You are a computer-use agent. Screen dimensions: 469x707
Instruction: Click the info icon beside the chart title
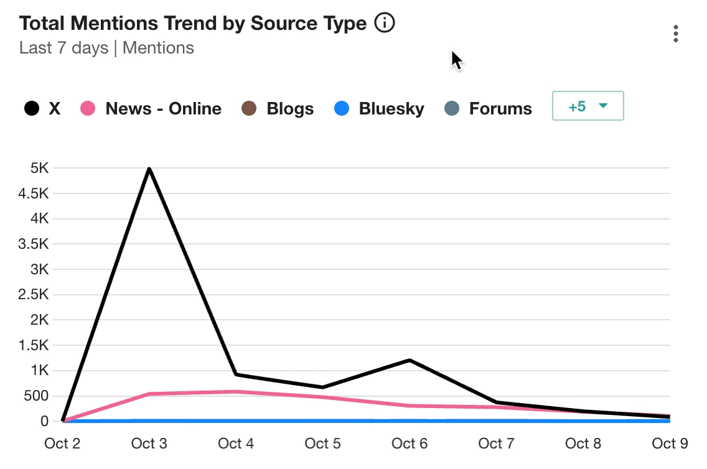pos(385,24)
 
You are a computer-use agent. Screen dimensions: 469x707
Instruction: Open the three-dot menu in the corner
pos(676,34)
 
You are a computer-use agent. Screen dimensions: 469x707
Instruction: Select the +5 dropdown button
pos(588,106)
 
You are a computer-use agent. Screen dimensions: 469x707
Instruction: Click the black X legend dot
pos(32,109)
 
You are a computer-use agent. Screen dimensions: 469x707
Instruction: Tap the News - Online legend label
pos(163,109)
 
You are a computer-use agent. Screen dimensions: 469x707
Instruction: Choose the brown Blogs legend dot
pos(249,109)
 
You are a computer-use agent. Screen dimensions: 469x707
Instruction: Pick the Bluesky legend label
pos(391,109)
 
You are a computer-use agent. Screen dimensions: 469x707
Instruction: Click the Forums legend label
pos(500,109)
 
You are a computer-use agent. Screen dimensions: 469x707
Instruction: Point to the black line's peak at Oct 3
pos(150,169)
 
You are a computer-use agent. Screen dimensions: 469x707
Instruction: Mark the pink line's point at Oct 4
pos(236,392)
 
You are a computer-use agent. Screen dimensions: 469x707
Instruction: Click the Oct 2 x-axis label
pos(63,443)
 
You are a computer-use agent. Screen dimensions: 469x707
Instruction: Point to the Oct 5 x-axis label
pos(323,443)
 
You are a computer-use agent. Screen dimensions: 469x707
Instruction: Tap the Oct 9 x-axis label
pos(668,443)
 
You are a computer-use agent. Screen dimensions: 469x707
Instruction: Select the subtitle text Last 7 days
pos(64,48)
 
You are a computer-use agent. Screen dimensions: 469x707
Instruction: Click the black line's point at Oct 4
pos(236,374)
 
